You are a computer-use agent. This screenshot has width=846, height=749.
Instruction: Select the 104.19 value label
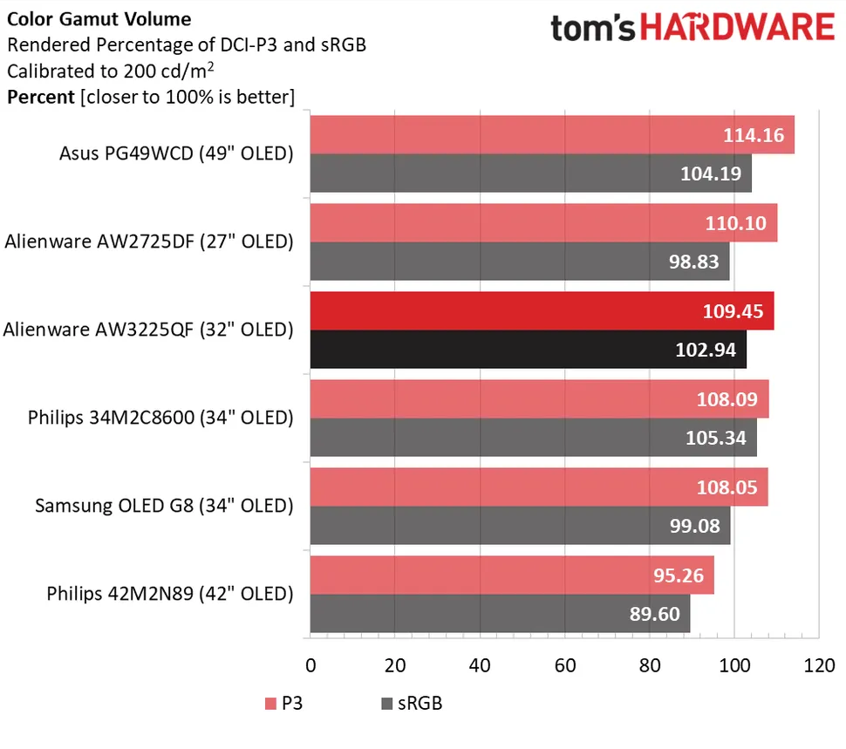(710, 174)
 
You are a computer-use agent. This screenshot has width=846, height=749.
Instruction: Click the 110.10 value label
(736, 223)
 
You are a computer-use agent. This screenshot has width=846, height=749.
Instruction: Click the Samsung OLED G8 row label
(164, 506)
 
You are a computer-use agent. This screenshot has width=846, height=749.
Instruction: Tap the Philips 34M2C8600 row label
(160, 418)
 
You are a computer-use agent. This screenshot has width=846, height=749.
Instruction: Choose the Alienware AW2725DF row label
(148, 242)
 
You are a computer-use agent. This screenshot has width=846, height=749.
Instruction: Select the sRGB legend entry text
(420, 703)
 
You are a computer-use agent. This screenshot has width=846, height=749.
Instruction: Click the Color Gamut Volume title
(99, 18)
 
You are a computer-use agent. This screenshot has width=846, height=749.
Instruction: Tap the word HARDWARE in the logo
(738, 28)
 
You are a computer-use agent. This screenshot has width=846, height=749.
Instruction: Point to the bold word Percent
(40, 97)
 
